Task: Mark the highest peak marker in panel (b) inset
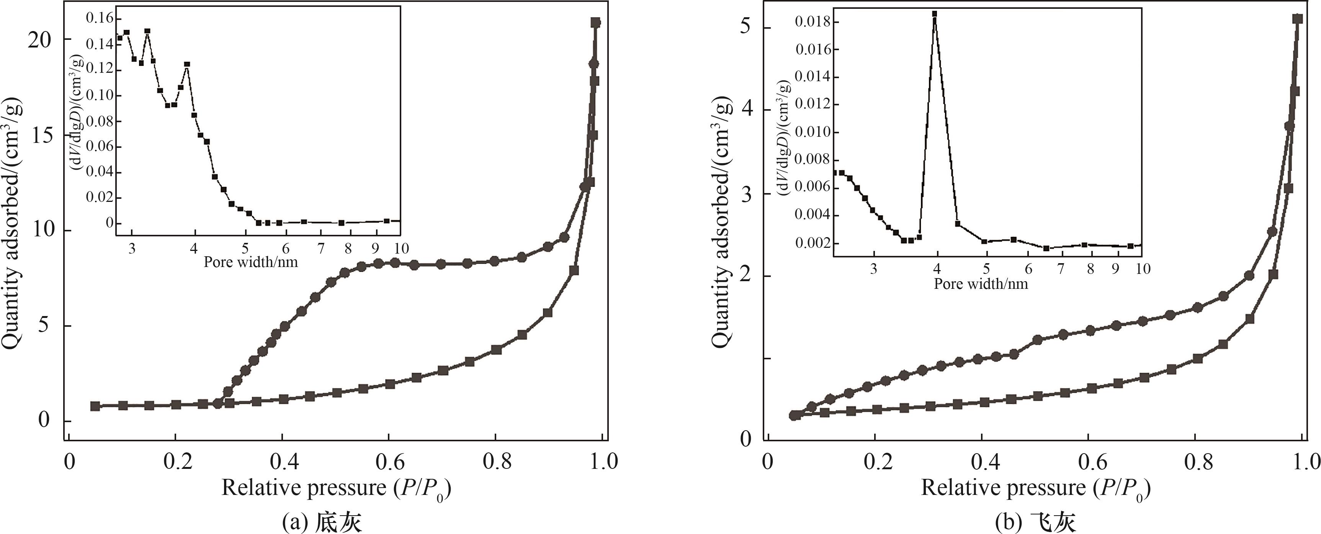934,14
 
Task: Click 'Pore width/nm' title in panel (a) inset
251,262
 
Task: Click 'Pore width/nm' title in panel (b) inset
981,284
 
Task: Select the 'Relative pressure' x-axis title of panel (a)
336,487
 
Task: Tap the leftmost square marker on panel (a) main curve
95,406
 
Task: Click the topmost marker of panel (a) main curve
595,23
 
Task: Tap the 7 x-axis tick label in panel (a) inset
321,249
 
